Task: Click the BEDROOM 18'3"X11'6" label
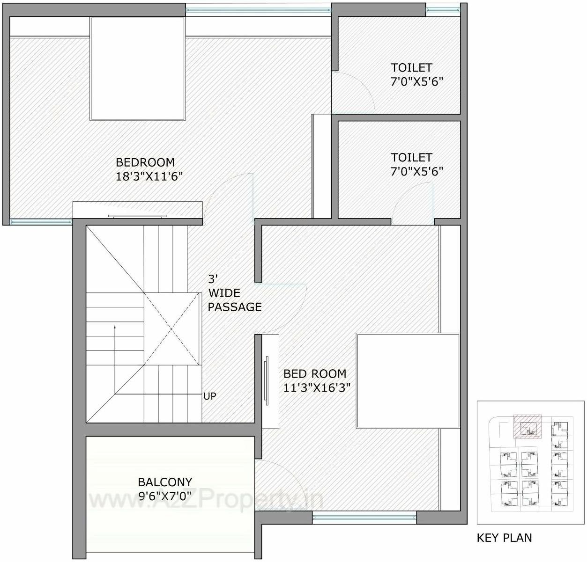click(x=149, y=169)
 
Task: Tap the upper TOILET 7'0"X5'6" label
click(x=416, y=74)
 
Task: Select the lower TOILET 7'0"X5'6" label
click(x=416, y=164)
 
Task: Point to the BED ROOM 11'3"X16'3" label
click(x=317, y=380)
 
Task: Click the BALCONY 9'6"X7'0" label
click(x=165, y=489)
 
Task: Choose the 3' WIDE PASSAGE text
click(x=234, y=293)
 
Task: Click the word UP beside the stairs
click(x=210, y=396)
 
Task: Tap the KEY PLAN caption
click(x=504, y=538)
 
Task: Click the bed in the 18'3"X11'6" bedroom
click(x=137, y=69)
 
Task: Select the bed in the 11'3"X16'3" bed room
click(x=408, y=380)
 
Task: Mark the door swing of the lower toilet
click(x=412, y=201)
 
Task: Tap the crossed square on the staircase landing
click(x=171, y=329)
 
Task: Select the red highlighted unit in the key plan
click(x=527, y=426)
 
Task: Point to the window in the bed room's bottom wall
click(x=364, y=517)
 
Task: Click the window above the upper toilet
click(x=442, y=8)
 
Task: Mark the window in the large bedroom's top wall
click(x=258, y=9)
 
